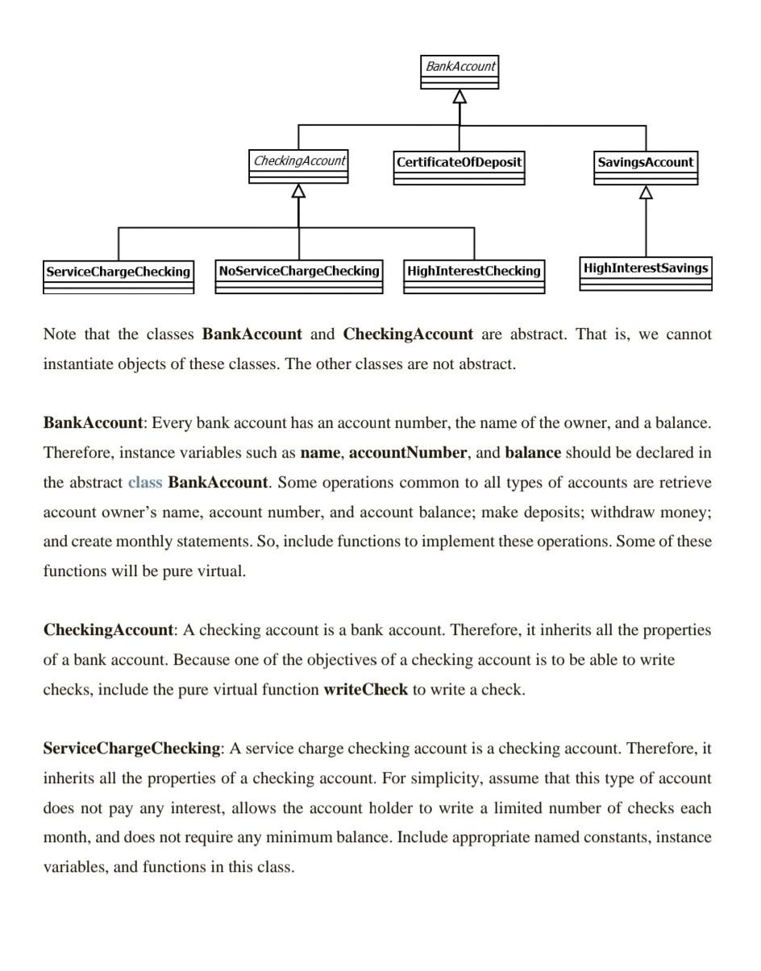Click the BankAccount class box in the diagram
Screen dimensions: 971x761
coord(460,72)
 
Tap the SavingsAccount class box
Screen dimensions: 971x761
coord(645,168)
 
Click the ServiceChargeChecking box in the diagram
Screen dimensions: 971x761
coord(119,276)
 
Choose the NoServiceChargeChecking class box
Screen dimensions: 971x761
coord(299,276)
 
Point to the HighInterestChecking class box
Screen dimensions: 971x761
coord(474,276)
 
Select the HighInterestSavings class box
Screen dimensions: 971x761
coord(646,273)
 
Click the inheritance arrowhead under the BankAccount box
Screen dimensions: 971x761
coord(460,97)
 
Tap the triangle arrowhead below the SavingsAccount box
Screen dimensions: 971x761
coord(646,193)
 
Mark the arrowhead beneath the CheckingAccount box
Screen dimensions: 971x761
coord(298,191)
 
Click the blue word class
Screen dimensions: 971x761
coord(145,483)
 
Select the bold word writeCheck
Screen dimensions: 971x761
coord(365,690)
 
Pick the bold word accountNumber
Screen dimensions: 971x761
coord(407,453)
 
